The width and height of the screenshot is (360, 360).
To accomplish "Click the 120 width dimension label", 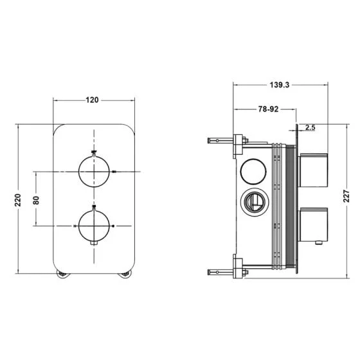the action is coord(92,100).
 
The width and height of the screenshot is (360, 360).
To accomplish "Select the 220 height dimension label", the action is coord(18,200).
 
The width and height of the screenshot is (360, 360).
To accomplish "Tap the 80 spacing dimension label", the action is coord(36,200).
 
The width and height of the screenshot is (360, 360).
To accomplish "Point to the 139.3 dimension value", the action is coord(280,85).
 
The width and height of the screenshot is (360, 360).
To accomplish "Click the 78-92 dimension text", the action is coord(269,109).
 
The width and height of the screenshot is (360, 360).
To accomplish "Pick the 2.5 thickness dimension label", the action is coord(310,127).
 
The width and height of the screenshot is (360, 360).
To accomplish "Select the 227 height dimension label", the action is coord(346,196).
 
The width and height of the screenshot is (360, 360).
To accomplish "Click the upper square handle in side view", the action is coord(313,170).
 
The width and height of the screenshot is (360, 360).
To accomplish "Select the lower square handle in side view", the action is coord(313,225).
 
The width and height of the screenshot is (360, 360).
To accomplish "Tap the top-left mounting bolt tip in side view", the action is coord(209,141).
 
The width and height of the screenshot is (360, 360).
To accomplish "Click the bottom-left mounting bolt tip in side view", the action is coord(209,273).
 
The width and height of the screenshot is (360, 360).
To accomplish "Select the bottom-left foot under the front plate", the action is coord(62,274).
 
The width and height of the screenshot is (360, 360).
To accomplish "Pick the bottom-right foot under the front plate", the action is coord(125,274).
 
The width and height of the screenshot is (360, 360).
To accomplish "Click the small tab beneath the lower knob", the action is coord(94,244).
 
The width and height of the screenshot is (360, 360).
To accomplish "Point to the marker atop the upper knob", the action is coord(94,152).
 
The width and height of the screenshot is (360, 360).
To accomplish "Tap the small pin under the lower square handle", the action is coord(318,242).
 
